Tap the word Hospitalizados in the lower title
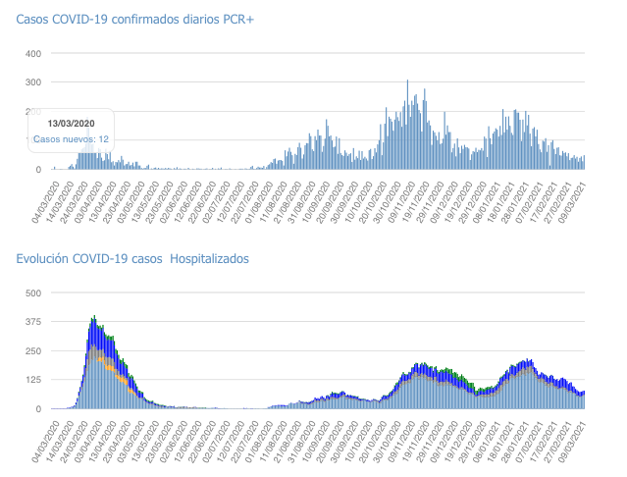pos(209,259)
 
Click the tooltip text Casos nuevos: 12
pos(71,139)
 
